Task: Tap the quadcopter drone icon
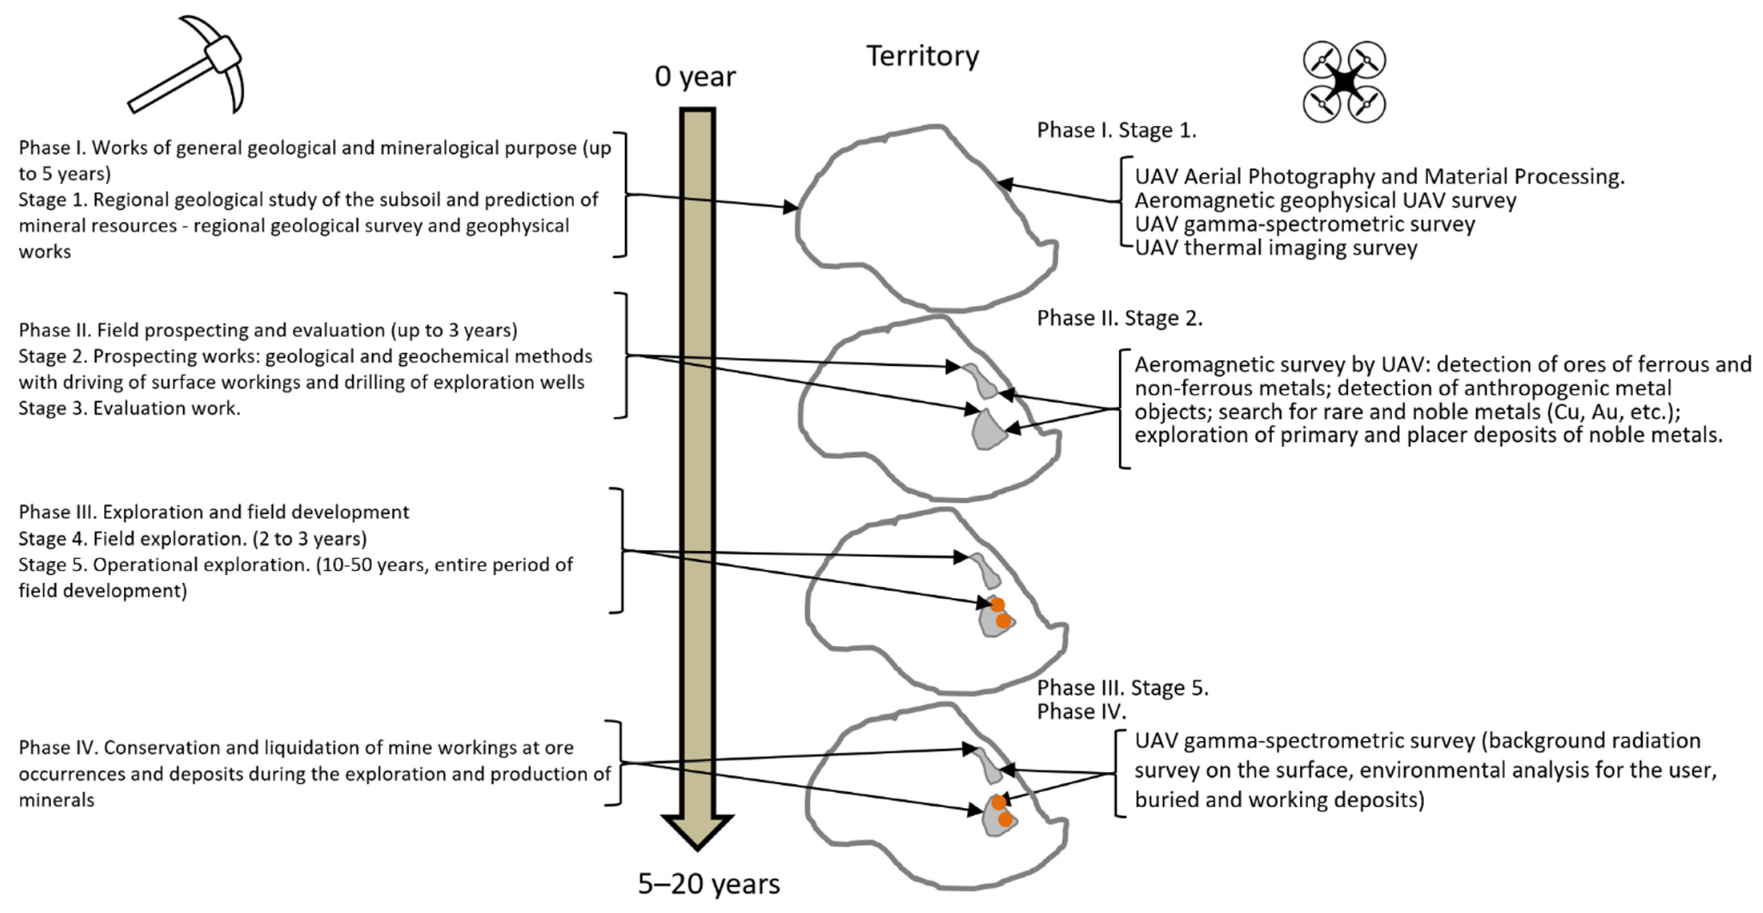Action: click(1344, 82)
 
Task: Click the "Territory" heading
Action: click(923, 56)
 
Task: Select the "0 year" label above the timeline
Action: click(695, 76)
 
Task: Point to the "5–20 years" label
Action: click(708, 883)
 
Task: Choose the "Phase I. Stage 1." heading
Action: click(1116, 130)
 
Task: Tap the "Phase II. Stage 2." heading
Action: click(1119, 318)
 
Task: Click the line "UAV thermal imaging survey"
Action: click(1276, 248)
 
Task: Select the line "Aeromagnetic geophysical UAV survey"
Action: click(1325, 200)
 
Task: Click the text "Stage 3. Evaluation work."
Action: click(129, 408)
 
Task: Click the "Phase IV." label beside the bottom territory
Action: click(1081, 712)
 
